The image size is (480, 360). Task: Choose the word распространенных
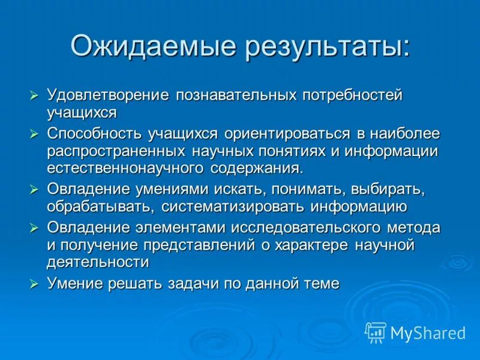[x=118, y=150]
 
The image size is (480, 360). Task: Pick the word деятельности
[x=98, y=262]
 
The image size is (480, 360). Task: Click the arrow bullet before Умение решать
[x=35, y=283]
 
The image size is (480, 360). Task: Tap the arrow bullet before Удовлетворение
[x=35, y=96]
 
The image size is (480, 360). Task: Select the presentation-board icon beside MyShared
[x=376, y=332]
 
